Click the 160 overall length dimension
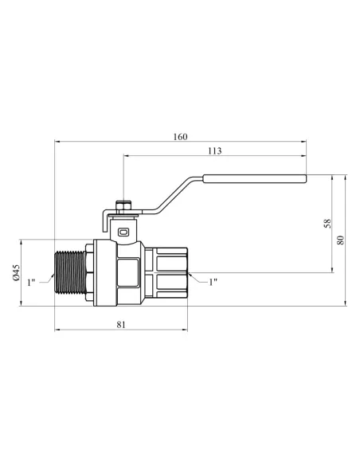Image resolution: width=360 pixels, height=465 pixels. point(180,137)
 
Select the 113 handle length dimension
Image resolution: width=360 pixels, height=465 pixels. point(214,150)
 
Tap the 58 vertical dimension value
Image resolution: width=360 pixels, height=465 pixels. point(327,223)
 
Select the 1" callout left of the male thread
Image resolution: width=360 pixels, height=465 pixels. point(31,283)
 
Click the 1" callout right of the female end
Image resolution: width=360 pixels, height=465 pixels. point(213,282)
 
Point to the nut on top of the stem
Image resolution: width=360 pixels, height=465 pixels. point(123,205)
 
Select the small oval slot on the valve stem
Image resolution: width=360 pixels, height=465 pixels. point(123,232)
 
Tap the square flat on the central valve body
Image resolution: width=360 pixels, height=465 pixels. point(127,271)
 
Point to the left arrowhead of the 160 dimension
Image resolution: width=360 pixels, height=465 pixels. point(57,143)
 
